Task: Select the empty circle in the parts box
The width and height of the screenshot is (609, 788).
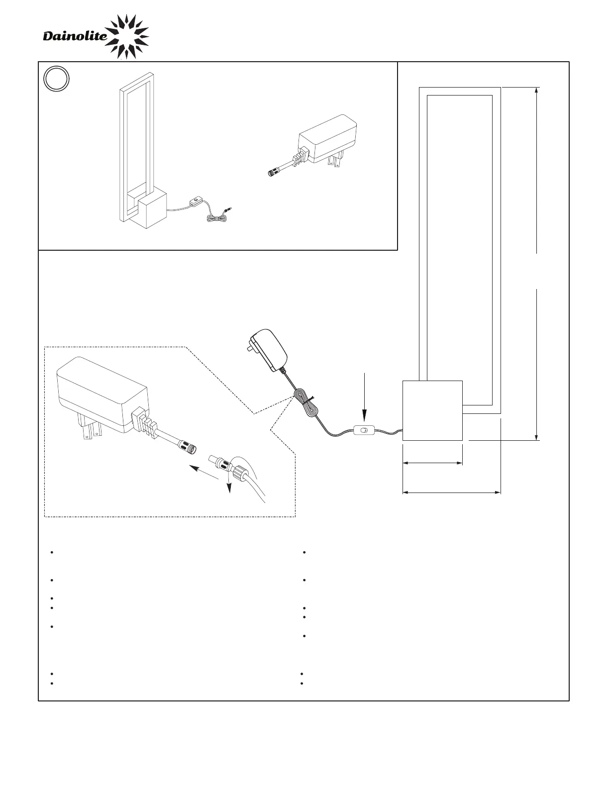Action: pos(56,80)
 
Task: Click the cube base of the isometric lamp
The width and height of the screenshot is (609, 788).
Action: pos(151,210)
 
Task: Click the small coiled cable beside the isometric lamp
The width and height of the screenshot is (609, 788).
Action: pos(216,217)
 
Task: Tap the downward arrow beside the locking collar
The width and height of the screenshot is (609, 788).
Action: pos(229,485)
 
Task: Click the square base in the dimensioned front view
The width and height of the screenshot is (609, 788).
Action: pos(432,410)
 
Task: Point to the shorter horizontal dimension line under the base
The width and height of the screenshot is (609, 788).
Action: pos(432,463)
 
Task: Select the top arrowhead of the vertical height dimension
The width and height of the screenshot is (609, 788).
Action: pos(537,91)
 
